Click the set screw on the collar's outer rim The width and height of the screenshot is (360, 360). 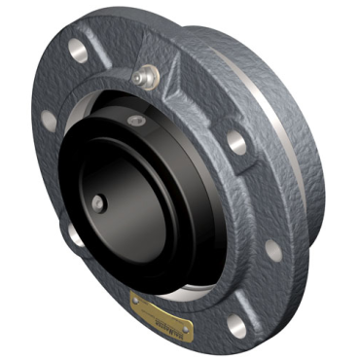135,120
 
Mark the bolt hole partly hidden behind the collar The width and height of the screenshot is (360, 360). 74,234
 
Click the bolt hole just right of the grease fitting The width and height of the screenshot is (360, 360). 234,142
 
